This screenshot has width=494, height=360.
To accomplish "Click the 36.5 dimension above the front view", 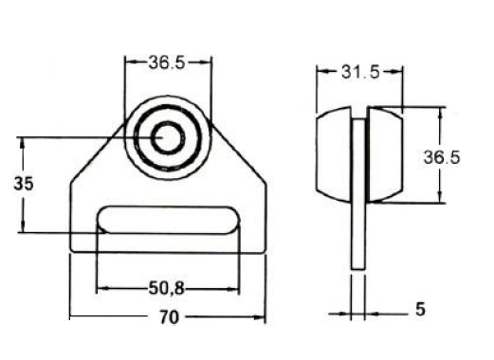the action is tap(167, 63).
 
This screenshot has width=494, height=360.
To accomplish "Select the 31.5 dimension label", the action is tap(360, 72).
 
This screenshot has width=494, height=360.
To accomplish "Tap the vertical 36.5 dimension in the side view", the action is tap(442, 157).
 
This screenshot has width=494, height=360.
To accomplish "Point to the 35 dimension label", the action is tap(24, 184).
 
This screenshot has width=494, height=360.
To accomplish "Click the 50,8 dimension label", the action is tap(166, 288).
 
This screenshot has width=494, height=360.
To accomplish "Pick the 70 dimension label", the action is tap(169, 317).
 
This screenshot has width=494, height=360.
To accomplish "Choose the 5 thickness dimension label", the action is tap(420, 309).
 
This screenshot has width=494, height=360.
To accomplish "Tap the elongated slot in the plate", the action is tap(169, 220).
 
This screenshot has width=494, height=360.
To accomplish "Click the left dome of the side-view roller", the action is tap(334, 154).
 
